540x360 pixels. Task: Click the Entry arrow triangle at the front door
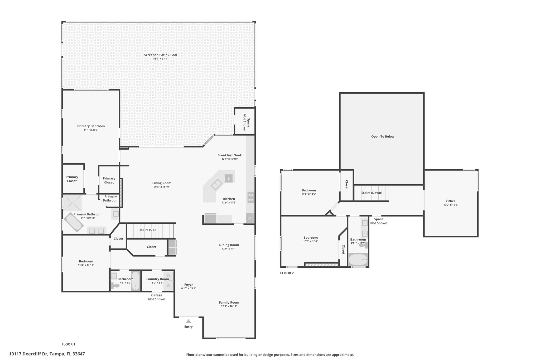pos(188,321)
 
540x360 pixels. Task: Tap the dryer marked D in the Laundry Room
pos(169,276)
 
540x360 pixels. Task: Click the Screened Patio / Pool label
pos(161,55)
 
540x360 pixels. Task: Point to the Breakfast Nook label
pos(230,155)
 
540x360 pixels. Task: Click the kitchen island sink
pos(216,185)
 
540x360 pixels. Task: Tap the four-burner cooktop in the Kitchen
pos(251,197)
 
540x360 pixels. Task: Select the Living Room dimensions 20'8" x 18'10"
pos(162,187)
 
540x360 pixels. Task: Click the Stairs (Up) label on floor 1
pos(147,230)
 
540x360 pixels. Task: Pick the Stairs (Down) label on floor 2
pos(372,193)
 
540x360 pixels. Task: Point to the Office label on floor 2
pos(451,201)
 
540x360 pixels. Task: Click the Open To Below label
pos(383,136)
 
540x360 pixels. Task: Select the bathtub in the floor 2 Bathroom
pos(358,260)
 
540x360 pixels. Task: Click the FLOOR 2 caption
pos(287,273)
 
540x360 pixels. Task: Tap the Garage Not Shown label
pos(157,297)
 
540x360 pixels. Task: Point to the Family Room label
pos(229,303)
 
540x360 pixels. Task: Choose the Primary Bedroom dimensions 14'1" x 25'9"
pos(91,130)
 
